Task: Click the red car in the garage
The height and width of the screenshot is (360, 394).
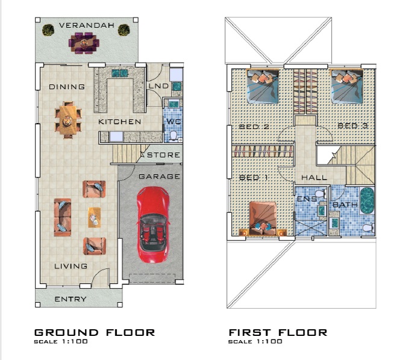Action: click(152, 225)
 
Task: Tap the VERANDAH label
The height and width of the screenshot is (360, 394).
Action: click(87, 25)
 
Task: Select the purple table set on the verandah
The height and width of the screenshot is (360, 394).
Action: click(84, 43)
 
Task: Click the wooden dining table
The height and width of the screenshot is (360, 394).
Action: click(68, 120)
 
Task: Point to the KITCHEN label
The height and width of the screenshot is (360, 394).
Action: click(120, 122)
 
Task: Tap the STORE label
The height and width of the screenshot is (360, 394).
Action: click(164, 155)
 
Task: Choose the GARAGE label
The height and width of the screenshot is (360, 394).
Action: click(159, 177)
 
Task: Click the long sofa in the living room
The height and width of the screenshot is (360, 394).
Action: click(62, 218)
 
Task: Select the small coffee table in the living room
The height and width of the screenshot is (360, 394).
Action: click(94, 217)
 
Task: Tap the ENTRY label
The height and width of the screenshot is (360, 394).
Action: click(70, 299)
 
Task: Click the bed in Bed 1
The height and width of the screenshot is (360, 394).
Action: click(263, 219)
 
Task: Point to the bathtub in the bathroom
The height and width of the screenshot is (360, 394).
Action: click(367, 201)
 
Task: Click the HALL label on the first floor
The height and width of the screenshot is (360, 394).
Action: click(314, 178)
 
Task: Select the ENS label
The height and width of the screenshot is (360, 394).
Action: click(307, 199)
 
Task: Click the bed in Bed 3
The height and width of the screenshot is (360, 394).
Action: click(347, 86)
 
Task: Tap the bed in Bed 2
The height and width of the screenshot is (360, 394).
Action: click(263, 86)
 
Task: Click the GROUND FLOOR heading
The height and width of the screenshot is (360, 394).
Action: click(95, 333)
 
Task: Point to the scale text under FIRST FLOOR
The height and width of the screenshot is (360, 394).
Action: click(255, 342)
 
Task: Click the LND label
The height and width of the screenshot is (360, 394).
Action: click(158, 86)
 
